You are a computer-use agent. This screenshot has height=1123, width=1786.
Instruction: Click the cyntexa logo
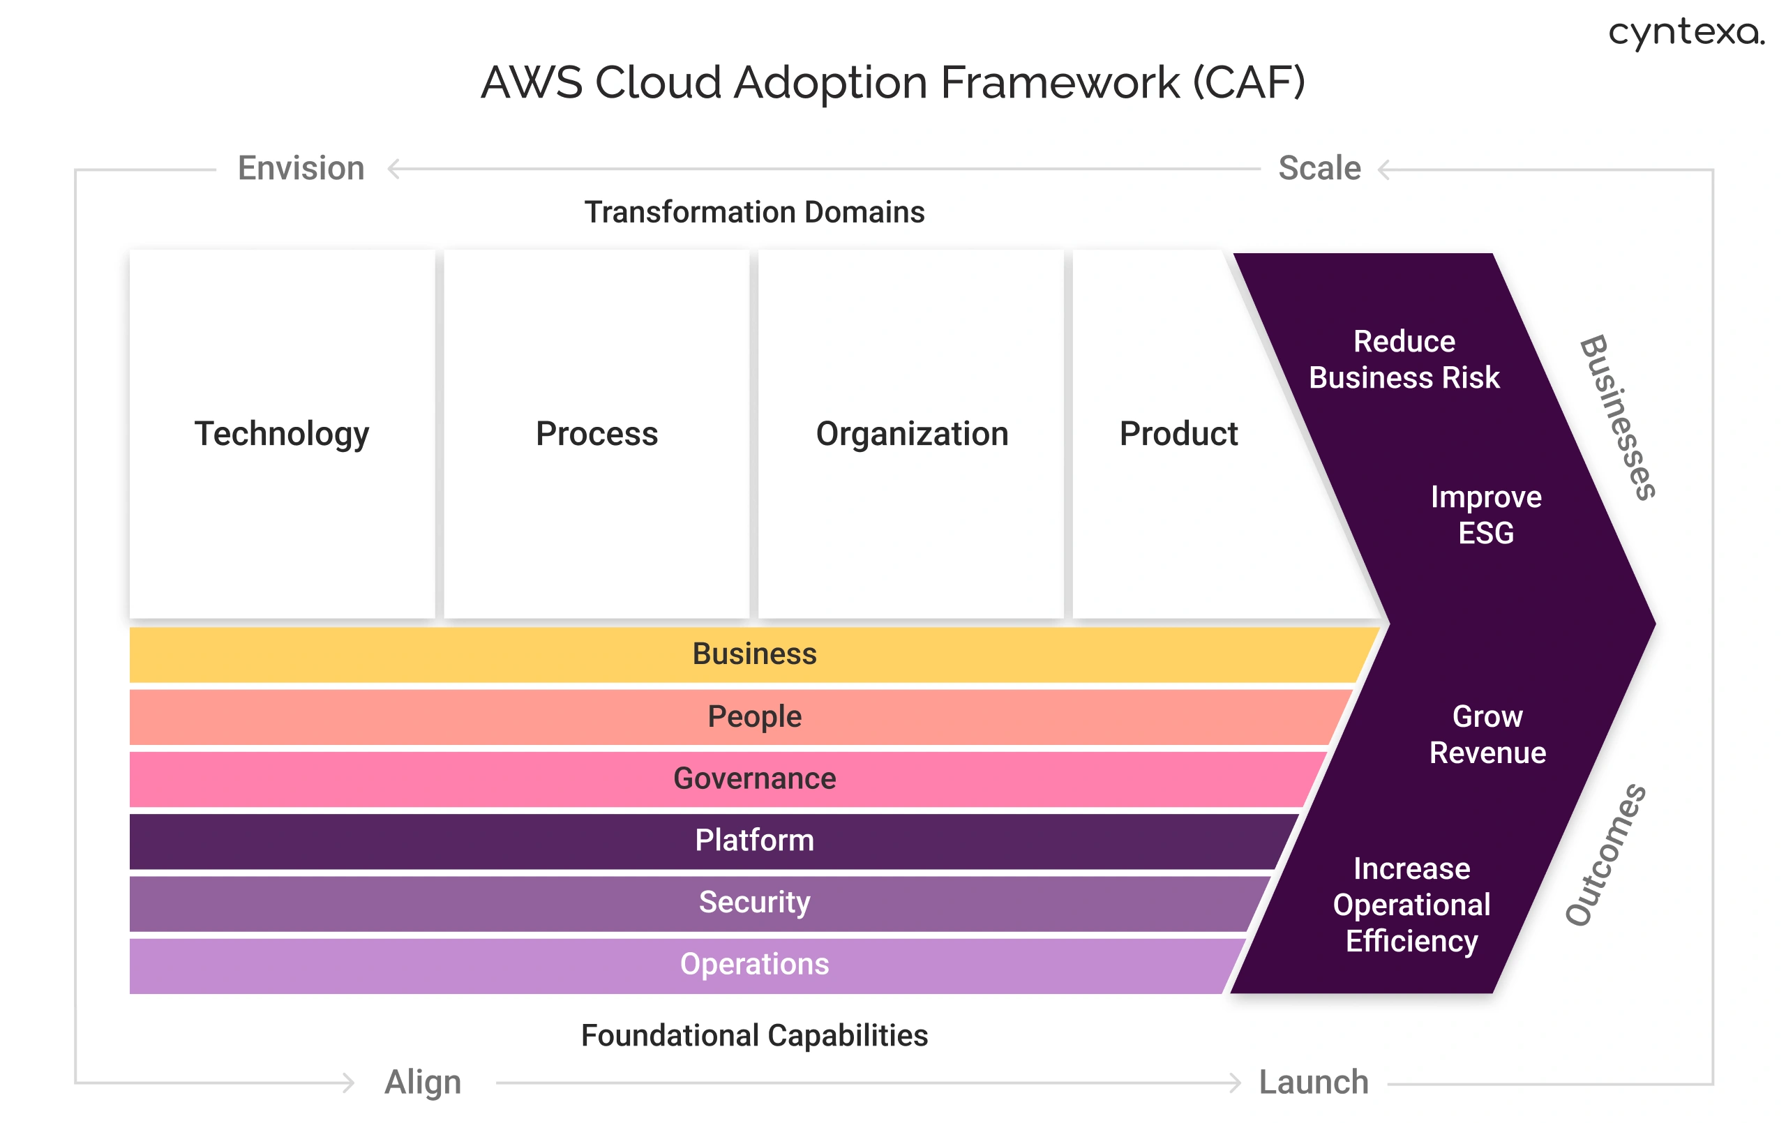point(1685,33)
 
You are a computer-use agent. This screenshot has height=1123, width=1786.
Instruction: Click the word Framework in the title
point(1060,82)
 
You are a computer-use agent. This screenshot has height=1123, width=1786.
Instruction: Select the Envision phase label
point(301,168)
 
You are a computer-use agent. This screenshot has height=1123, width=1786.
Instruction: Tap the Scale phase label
point(1319,168)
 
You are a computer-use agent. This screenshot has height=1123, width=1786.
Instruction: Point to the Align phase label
point(423,1083)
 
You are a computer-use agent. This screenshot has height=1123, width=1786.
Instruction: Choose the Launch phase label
point(1314,1083)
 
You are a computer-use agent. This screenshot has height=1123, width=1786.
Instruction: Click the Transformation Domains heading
point(754,212)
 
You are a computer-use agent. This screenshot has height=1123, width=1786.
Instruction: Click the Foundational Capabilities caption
point(754,1036)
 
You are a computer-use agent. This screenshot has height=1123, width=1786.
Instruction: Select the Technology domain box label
point(282,434)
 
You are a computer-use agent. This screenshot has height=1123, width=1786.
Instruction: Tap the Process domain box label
point(596,434)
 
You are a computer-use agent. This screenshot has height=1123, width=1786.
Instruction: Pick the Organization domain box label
point(912,434)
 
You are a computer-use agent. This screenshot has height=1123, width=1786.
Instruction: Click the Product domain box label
point(1178,434)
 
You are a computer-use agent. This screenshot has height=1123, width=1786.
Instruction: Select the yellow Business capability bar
point(754,654)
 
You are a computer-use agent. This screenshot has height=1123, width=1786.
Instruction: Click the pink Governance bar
point(754,779)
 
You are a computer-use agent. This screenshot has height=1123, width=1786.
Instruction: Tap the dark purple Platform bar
point(754,841)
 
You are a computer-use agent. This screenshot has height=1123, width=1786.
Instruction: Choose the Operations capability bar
point(754,964)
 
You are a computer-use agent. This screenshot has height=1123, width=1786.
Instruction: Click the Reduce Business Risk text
point(1404,360)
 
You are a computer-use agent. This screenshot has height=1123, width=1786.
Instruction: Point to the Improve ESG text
point(1485,515)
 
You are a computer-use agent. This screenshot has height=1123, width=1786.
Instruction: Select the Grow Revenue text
point(1487,734)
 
